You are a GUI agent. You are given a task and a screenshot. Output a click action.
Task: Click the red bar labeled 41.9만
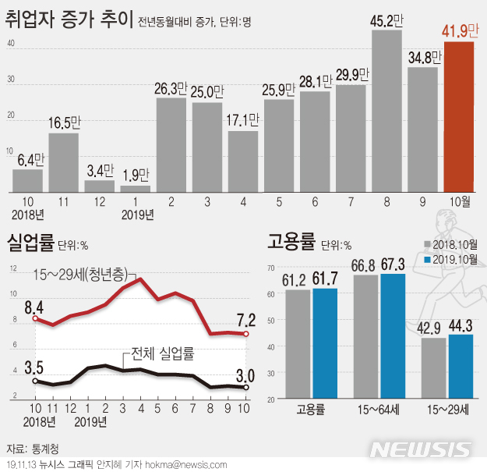click(x=459, y=117)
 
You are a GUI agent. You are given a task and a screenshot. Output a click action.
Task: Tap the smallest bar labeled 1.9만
click(x=136, y=188)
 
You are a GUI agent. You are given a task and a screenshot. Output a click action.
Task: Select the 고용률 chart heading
click(x=291, y=242)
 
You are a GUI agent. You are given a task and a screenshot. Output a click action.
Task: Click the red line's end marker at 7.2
click(x=246, y=334)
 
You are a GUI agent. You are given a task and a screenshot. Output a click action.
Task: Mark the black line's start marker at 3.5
click(x=35, y=380)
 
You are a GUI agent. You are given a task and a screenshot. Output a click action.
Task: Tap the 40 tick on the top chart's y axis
click(x=11, y=43)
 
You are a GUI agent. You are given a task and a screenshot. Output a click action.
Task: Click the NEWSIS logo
click(x=419, y=450)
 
